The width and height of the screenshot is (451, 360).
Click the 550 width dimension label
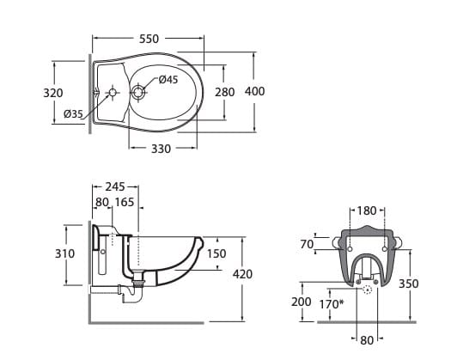pyautogui.click(x=149, y=39)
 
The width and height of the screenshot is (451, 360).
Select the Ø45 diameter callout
pyautogui.click(x=168, y=79)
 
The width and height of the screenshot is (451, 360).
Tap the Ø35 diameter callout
pyautogui.click(x=73, y=114)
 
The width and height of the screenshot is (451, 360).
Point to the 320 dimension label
pyautogui.click(x=53, y=93)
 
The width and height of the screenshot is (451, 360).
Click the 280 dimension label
pyautogui.click(x=224, y=92)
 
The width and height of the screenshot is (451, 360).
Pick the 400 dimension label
pyautogui.click(x=255, y=91)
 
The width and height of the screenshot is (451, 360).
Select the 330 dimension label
pyautogui.click(x=162, y=149)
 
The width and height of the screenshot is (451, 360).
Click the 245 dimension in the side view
pyautogui.click(x=115, y=186)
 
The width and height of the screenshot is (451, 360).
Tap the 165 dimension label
pyautogui.click(x=125, y=202)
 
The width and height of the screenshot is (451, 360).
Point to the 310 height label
pyautogui.click(x=64, y=253)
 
